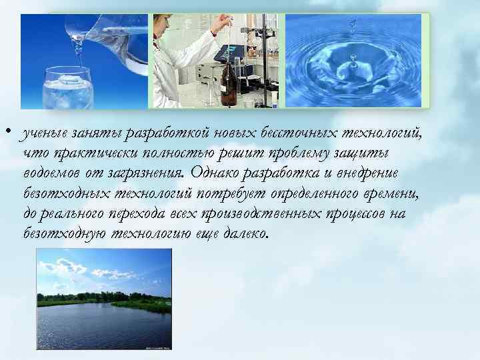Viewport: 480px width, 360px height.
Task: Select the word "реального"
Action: (x=78, y=214)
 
